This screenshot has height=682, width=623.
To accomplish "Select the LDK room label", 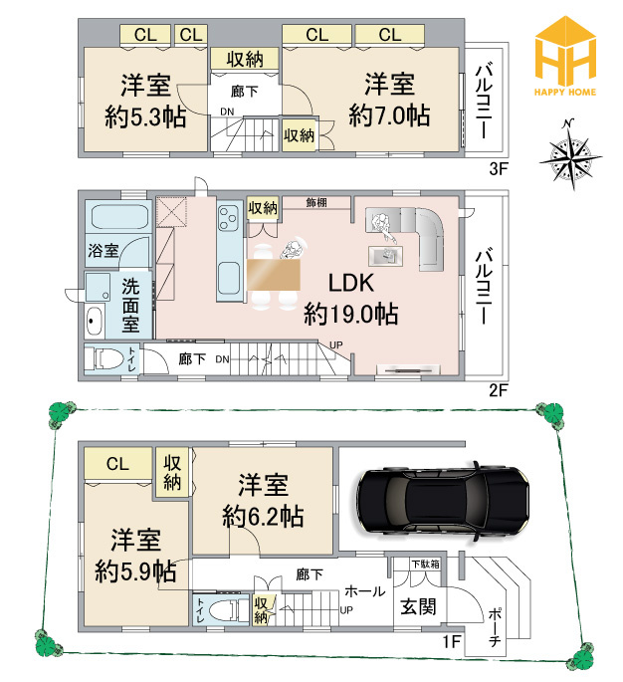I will (350, 283).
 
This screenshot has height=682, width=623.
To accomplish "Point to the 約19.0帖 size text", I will (350, 315).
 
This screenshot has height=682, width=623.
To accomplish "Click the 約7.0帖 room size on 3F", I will (389, 114).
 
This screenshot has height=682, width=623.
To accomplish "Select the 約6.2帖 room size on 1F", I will (263, 517).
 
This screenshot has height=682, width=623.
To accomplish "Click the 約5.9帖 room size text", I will (135, 571).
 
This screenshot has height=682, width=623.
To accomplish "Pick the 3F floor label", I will (498, 168).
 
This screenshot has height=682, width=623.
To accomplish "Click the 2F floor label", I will (498, 389).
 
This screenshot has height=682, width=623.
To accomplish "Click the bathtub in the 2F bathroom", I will (117, 218).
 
